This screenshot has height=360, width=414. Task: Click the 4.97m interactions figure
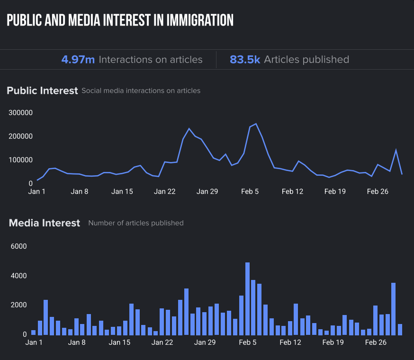tap(78, 60)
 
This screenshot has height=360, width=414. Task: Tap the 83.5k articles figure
tap(244, 60)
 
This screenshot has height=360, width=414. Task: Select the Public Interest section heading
tap(42, 90)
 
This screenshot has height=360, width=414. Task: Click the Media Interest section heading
tap(45, 223)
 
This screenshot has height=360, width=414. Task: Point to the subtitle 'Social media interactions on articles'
tap(141, 90)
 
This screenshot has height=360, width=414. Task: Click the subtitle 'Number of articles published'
tap(136, 223)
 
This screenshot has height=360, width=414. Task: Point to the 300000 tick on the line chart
tap(20, 113)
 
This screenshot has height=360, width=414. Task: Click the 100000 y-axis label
tap(20, 160)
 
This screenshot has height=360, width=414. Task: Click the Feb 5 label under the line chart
tap(250, 191)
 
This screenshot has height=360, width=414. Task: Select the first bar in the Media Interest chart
tap(34, 332)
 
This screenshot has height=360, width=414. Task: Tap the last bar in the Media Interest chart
tap(400, 329)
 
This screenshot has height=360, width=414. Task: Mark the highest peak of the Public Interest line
tap(256, 124)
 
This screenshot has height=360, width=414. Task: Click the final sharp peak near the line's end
tap(396, 150)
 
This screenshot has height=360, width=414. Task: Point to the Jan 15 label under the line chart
tap(122, 191)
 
